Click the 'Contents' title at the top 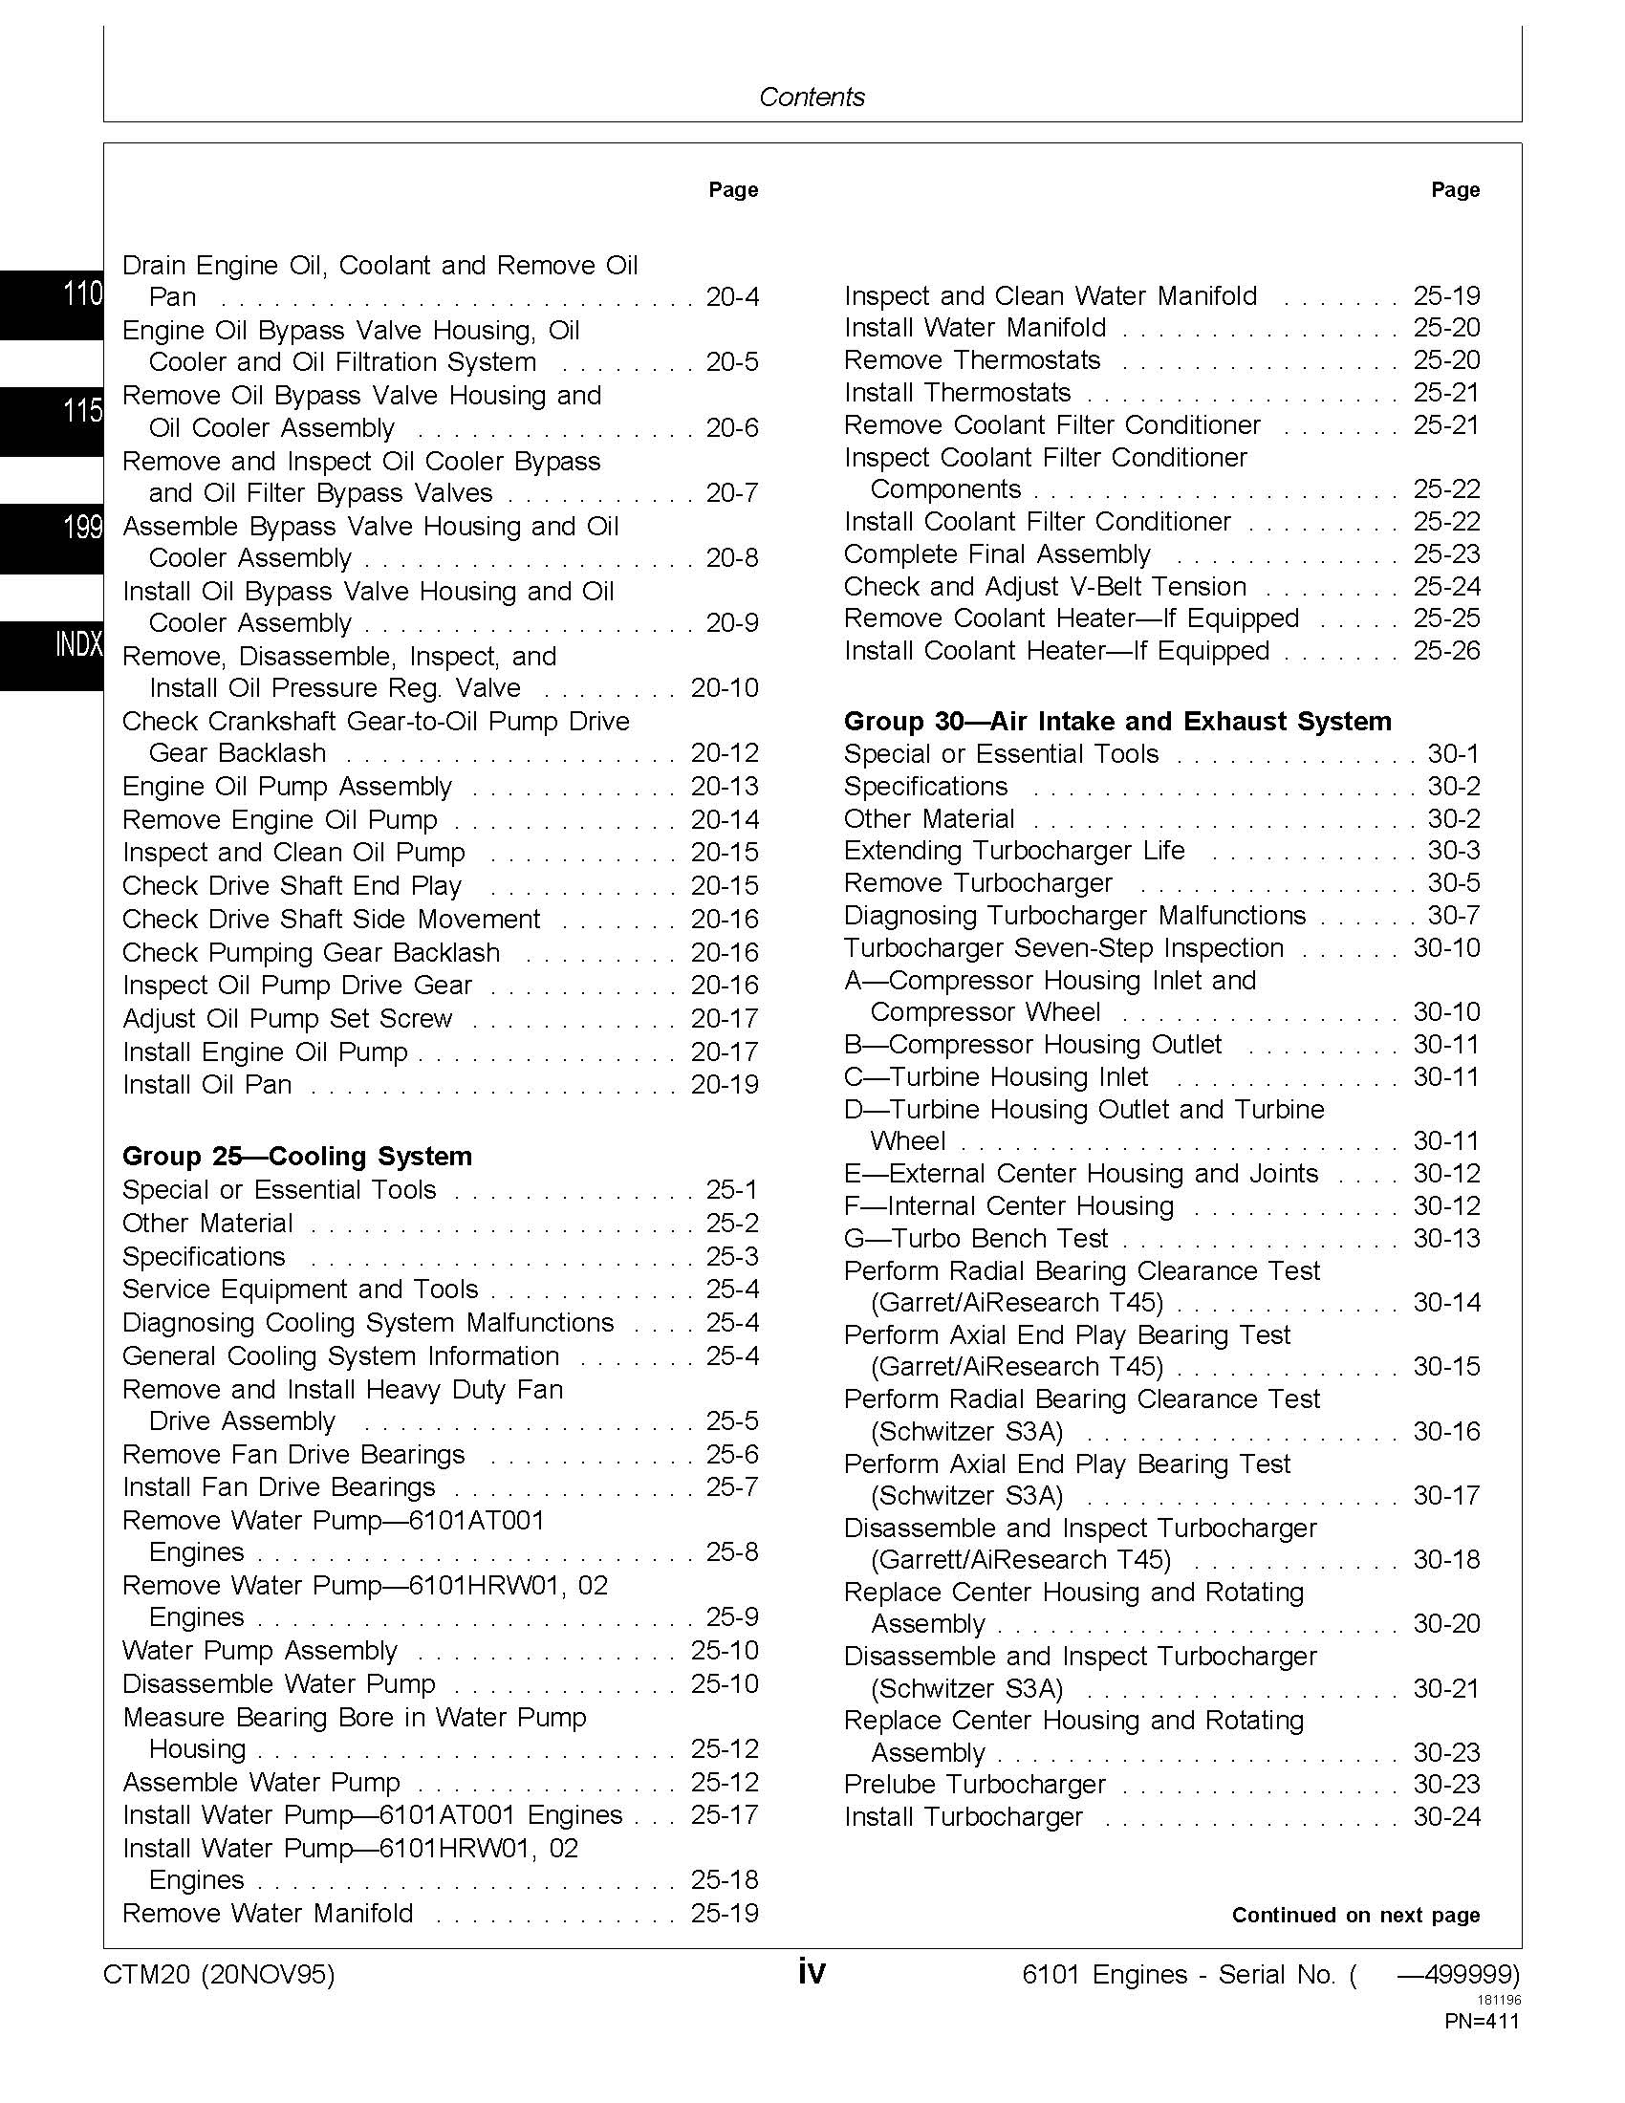(x=812, y=97)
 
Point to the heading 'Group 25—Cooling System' (x=296, y=1157)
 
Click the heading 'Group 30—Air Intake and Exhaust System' (x=1117, y=721)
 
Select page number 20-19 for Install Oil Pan (x=725, y=1084)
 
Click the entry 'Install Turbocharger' (x=963, y=1817)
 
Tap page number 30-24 (x=1446, y=1817)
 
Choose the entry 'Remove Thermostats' (x=971, y=360)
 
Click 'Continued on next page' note (x=1355, y=1916)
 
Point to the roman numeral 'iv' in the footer (x=812, y=1973)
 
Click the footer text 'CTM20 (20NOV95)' (x=219, y=1975)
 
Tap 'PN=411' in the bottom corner (x=1482, y=2021)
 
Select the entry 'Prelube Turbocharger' (x=974, y=1785)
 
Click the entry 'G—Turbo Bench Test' (x=975, y=1238)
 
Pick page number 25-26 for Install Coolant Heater (x=1446, y=651)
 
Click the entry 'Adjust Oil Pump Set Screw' (x=287, y=1019)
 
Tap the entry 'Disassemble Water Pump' (x=279, y=1684)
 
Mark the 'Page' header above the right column (x=1455, y=189)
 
